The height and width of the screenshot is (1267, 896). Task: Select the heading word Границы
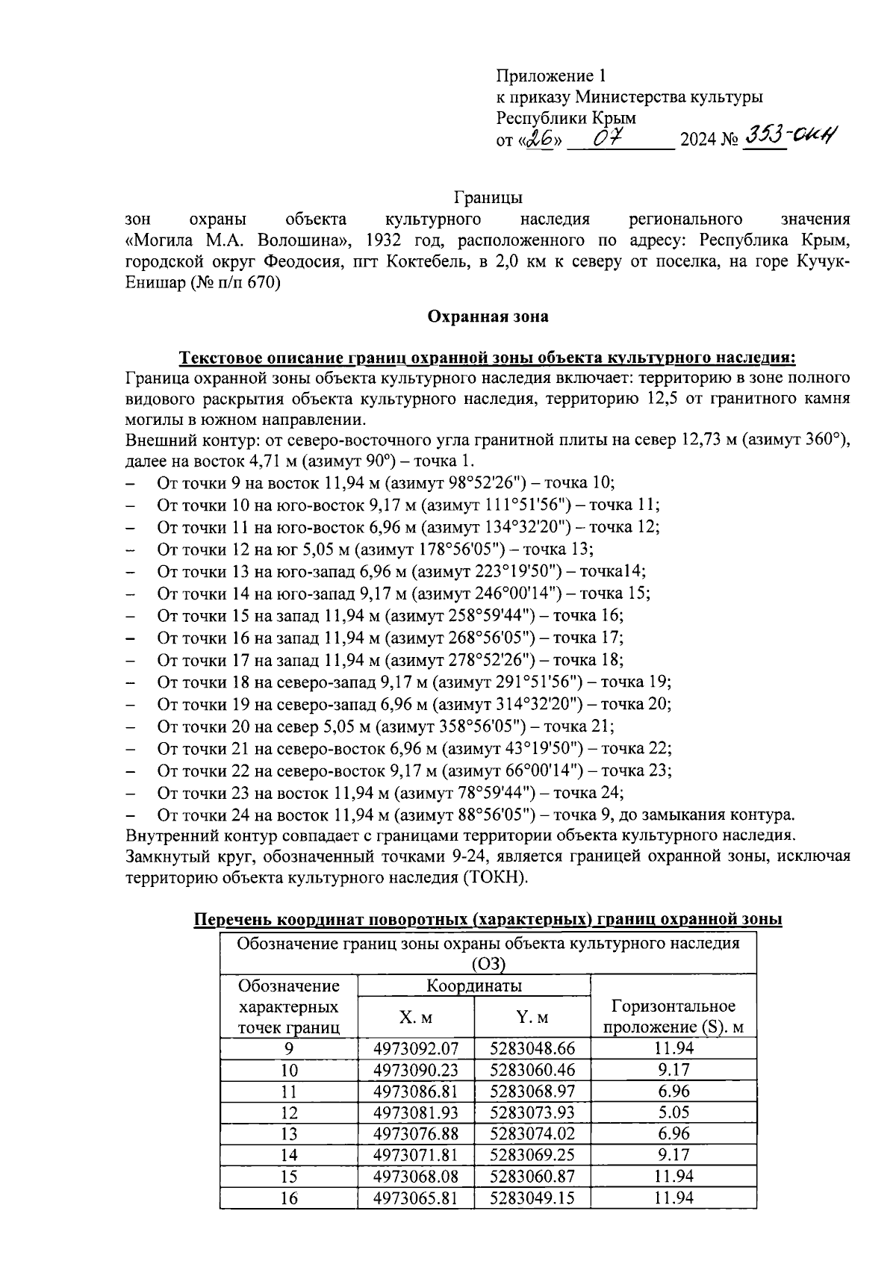tap(488, 198)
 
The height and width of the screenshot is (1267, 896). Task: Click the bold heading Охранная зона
tap(488, 317)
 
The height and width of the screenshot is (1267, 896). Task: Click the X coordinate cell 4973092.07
tap(416, 1048)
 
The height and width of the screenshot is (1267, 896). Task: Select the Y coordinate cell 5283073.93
tap(532, 1112)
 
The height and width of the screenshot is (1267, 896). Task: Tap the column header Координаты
tap(473, 986)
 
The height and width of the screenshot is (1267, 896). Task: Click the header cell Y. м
tap(532, 1018)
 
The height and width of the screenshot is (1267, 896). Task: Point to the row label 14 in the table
tap(288, 1155)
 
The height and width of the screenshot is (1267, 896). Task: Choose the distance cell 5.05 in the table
tap(673, 1112)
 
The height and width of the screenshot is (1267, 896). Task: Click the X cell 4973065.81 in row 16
tap(416, 1198)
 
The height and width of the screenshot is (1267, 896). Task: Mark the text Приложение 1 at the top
tap(552, 75)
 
